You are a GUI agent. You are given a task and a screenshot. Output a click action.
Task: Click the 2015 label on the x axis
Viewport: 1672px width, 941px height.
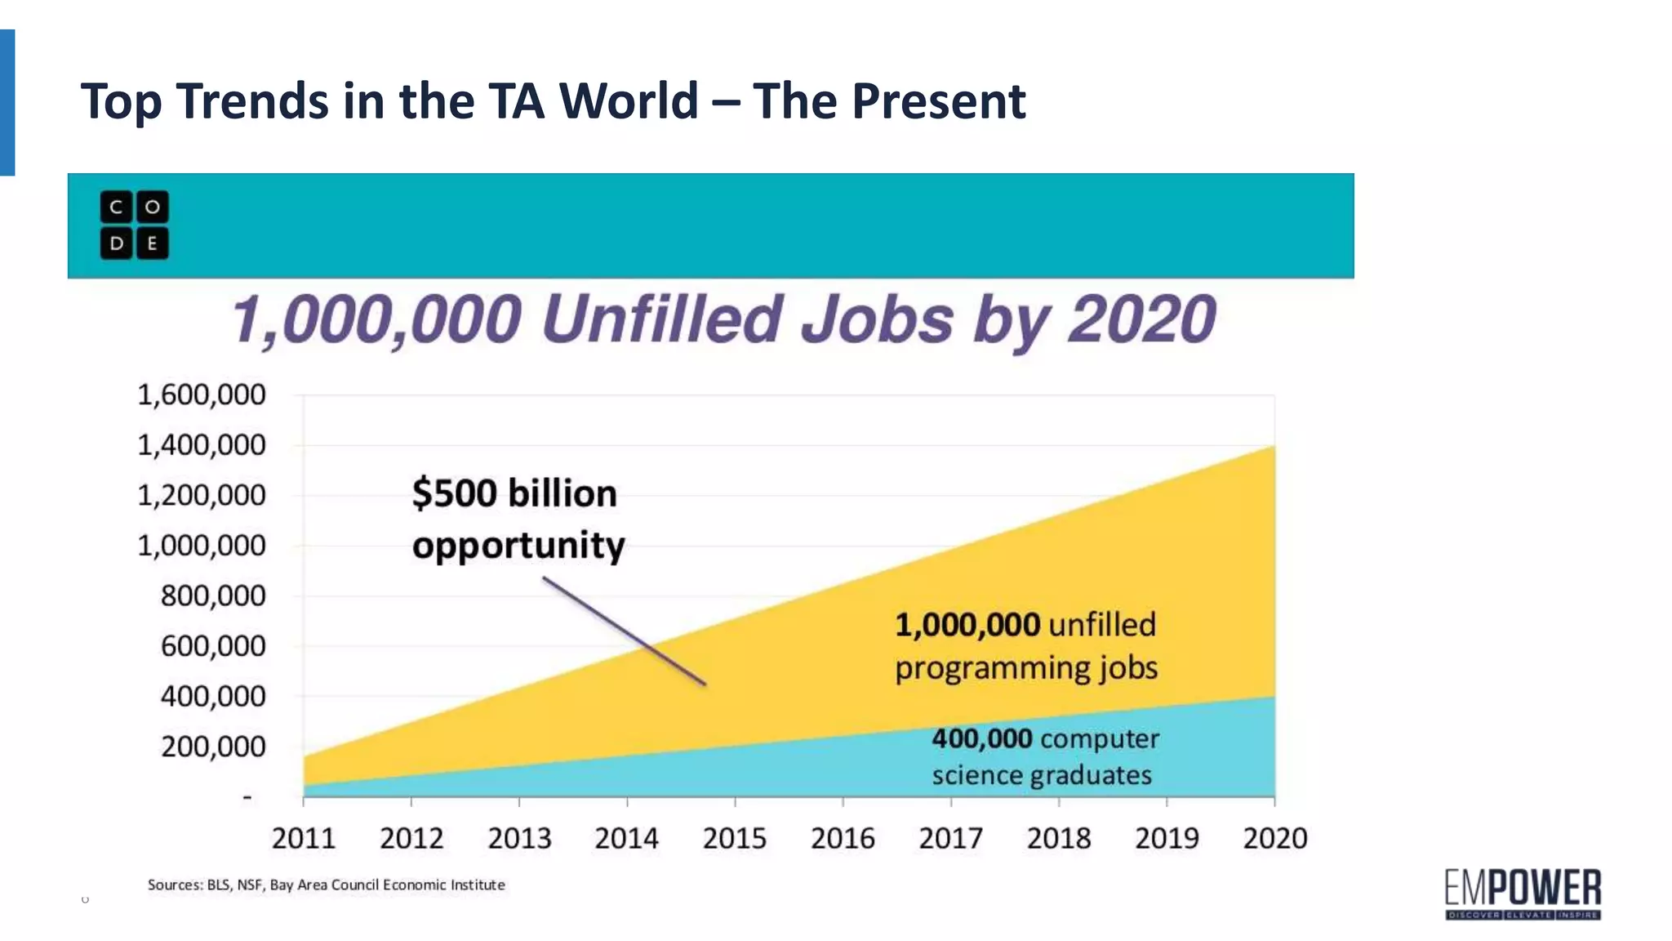(x=734, y=838)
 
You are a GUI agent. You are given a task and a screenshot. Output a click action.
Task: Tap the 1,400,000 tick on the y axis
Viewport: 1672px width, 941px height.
(x=201, y=445)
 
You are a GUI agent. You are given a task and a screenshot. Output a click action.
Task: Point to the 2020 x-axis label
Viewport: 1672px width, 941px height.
(x=1274, y=838)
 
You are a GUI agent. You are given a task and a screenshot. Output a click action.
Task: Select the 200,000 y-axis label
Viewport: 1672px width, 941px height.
(x=212, y=747)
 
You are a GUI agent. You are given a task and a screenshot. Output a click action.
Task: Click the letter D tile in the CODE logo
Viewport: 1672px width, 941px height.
(x=117, y=243)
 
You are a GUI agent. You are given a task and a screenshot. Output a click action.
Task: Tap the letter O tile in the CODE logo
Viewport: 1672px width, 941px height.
(x=153, y=207)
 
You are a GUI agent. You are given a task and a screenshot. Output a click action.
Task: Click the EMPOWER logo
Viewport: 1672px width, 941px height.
(x=1523, y=894)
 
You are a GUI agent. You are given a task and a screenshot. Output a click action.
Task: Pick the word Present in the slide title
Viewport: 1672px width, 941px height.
(x=938, y=101)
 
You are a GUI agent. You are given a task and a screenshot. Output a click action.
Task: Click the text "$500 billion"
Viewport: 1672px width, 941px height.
(x=514, y=493)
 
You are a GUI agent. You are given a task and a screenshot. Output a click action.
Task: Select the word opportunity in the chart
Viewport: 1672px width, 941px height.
(x=518, y=546)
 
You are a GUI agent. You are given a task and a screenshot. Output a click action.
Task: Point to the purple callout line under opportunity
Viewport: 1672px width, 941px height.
(x=625, y=631)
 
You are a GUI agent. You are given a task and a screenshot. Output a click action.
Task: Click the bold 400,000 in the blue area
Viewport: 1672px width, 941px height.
(x=981, y=738)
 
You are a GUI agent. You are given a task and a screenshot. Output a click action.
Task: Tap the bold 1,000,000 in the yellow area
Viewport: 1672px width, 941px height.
(x=967, y=625)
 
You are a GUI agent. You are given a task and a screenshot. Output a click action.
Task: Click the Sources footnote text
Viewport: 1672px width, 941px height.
(x=326, y=885)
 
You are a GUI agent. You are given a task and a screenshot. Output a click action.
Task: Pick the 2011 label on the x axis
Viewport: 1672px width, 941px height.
(x=303, y=838)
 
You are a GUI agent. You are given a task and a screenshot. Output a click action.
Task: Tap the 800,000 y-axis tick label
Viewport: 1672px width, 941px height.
(x=212, y=596)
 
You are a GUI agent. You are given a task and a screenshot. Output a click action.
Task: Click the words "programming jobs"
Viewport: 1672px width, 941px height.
(x=1026, y=668)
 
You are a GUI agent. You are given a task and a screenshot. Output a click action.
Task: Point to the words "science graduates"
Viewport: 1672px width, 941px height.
(x=1041, y=774)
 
